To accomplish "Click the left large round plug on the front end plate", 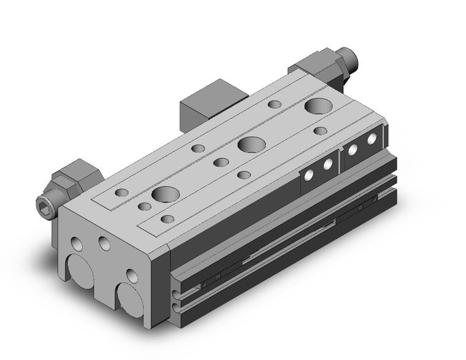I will click(78, 270).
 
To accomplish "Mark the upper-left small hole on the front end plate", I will click(77, 243).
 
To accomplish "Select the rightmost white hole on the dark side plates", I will click(371, 141).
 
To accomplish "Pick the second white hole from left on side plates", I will click(327, 163).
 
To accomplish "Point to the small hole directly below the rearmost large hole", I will click(320, 130).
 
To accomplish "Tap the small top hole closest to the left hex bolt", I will click(122, 193).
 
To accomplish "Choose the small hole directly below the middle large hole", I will click(244, 175).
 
